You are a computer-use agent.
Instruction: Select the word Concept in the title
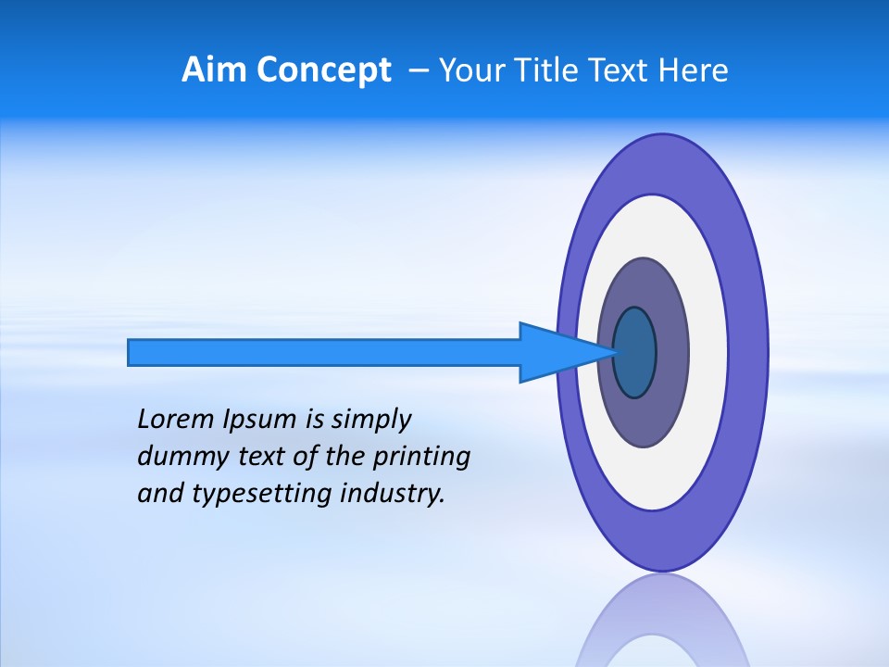(324, 70)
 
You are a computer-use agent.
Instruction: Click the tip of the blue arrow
(615, 352)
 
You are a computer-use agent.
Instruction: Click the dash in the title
(419, 70)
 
